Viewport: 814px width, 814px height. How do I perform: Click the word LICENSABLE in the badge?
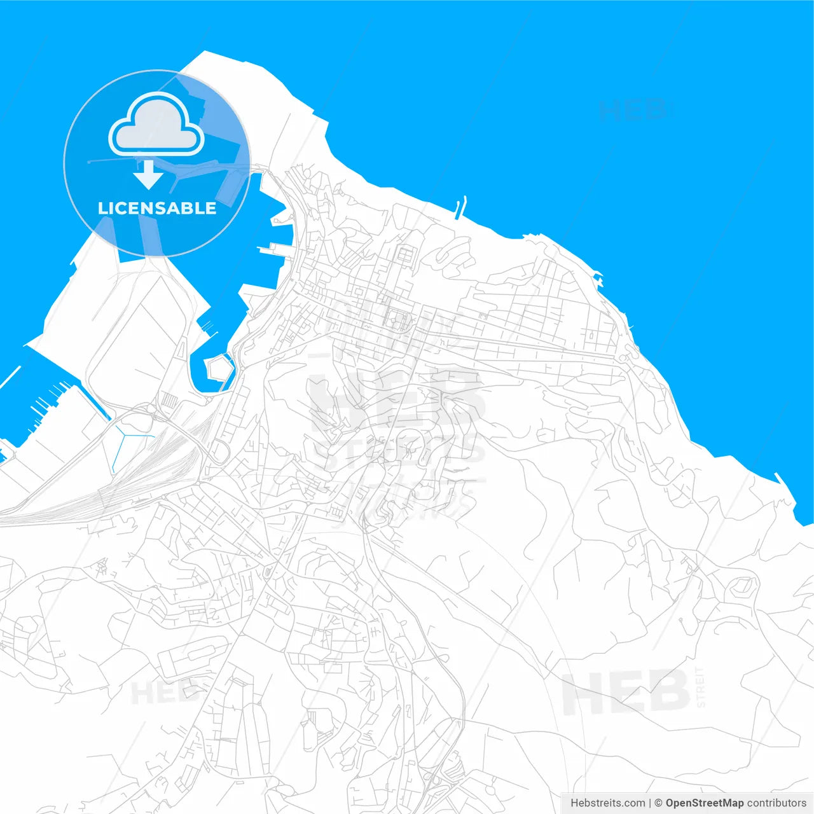157,208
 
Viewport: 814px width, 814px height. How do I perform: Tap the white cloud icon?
156,125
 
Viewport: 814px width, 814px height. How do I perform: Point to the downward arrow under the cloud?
149,175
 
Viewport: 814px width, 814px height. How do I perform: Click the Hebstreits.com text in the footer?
607,803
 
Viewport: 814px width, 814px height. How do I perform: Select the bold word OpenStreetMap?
705,803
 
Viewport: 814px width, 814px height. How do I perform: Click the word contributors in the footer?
776,803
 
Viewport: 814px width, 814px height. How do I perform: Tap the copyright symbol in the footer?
658,803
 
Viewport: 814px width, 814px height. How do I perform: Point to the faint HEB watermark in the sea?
633,110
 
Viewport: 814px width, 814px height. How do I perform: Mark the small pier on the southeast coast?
780,478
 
